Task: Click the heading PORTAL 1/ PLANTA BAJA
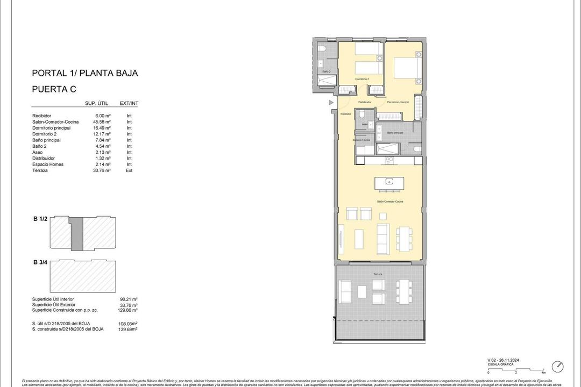[x=85, y=73]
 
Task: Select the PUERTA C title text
[x=54, y=89]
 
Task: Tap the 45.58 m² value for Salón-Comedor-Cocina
[x=102, y=122]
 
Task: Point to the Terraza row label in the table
[x=40, y=170]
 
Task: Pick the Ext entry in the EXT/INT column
[x=129, y=170]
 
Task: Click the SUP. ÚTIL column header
[x=98, y=104]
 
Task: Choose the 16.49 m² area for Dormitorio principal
[x=102, y=128]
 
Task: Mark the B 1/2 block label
[x=40, y=219]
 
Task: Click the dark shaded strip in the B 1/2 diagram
[x=78, y=233]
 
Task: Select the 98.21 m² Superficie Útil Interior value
[x=129, y=299]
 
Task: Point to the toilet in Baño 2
[x=322, y=49]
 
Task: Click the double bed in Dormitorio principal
[x=406, y=68]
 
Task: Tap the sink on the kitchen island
[x=389, y=181]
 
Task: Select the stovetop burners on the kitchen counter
[x=389, y=160]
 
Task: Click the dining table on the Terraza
[x=404, y=291]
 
